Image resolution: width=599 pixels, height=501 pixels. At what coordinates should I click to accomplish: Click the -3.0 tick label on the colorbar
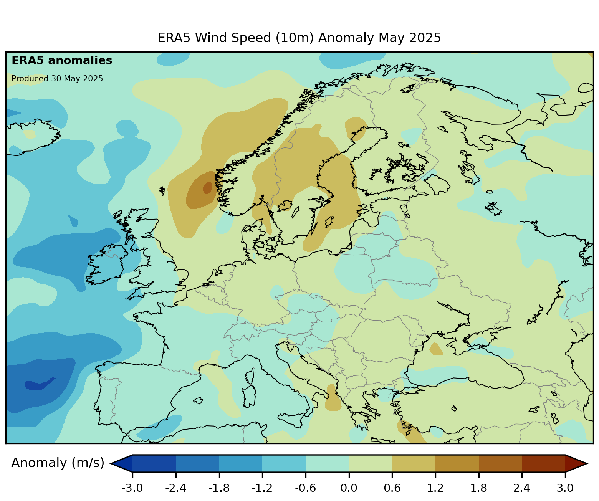click(x=132, y=488)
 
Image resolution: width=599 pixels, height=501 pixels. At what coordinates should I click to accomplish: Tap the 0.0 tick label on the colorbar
click(x=349, y=488)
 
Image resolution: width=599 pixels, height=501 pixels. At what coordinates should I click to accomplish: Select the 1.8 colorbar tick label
click(x=478, y=488)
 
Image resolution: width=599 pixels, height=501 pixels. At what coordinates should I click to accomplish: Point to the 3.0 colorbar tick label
click(x=565, y=488)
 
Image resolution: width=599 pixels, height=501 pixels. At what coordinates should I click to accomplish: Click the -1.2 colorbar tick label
click(x=262, y=488)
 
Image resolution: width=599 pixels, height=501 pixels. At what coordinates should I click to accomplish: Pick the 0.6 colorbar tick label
click(x=392, y=488)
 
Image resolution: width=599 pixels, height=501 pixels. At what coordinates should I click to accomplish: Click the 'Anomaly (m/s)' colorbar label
click(x=58, y=463)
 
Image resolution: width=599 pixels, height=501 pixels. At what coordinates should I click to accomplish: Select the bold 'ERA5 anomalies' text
click(x=62, y=61)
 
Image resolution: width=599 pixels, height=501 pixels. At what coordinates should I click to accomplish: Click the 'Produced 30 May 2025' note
click(x=57, y=79)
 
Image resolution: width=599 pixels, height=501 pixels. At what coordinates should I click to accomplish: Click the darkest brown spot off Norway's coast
click(x=207, y=188)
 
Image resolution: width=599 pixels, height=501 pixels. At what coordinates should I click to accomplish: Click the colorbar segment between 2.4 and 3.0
click(x=543, y=463)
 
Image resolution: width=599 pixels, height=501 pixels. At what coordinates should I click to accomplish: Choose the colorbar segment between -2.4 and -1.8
click(x=197, y=463)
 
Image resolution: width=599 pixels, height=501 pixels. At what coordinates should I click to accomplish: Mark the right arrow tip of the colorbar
click(x=586, y=463)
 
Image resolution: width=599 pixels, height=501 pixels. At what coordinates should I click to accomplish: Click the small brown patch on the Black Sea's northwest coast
click(x=436, y=349)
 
